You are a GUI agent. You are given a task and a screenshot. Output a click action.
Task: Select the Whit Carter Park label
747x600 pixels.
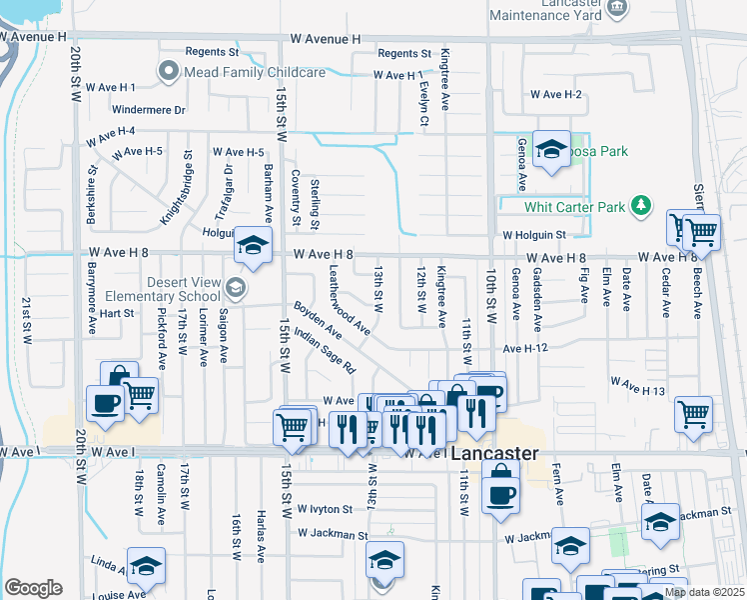[x=574, y=208]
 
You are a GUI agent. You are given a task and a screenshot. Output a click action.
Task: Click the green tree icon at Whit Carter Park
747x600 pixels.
[x=640, y=207]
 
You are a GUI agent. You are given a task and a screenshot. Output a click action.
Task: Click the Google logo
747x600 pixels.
[x=33, y=588]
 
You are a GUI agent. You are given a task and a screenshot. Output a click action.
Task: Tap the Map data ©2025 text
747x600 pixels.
[x=704, y=592]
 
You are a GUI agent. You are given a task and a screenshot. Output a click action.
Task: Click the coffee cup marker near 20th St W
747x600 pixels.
[x=105, y=404]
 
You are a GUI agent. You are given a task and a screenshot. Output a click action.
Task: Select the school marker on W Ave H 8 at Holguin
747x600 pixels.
[x=254, y=245]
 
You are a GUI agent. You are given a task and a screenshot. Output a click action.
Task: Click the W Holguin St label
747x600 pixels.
[x=533, y=235]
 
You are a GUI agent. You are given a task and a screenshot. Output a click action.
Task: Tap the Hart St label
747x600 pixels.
[x=116, y=313]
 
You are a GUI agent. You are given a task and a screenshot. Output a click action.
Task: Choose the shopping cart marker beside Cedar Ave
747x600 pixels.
[x=693, y=412]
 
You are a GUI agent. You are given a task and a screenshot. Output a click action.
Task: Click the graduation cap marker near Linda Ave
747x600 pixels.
[x=146, y=565]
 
